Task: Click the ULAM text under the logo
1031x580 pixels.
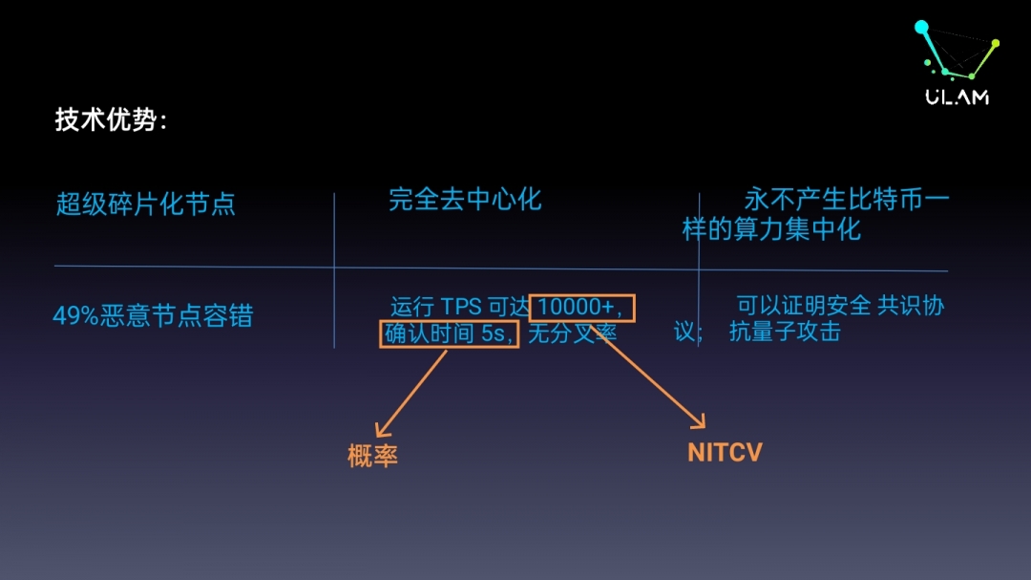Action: click(x=957, y=97)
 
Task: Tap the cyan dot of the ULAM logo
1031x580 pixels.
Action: click(x=921, y=27)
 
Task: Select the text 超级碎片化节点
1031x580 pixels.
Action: click(x=145, y=204)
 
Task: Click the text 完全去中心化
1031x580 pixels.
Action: click(x=465, y=200)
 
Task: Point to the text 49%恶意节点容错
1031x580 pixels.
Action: click(x=153, y=316)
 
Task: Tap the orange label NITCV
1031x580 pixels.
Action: click(x=725, y=452)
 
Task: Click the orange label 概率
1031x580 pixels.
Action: click(x=372, y=456)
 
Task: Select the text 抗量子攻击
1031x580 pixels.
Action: click(x=785, y=332)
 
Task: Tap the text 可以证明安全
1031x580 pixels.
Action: click(x=804, y=306)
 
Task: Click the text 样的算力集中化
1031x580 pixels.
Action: click(x=771, y=229)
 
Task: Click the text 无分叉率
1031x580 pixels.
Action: click(x=573, y=333)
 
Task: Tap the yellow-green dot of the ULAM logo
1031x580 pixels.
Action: click(x=996, y=43)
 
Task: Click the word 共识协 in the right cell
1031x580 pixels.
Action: click(x=912, y=306)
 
